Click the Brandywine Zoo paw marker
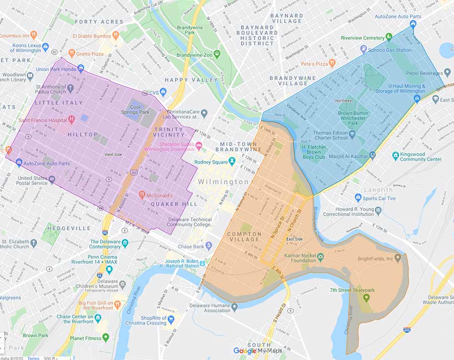(217, 53)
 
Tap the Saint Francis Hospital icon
(72, 120)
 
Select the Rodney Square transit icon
(232, 161)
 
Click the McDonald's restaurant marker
(142, 194)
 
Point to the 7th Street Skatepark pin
(366, 297)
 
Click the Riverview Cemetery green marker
(389, 37)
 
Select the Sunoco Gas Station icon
(363, 49)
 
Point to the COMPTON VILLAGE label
(244, 237)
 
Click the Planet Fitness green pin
(105, 337)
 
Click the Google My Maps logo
(257, 350)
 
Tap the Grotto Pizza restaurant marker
(72, 53)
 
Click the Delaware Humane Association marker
(234, 306)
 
